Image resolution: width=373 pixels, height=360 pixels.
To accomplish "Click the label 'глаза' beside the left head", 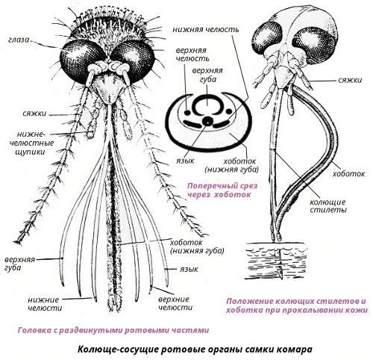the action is [x=19, y=40].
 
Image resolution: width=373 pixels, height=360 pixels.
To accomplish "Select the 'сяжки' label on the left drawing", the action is [x=34, y=114].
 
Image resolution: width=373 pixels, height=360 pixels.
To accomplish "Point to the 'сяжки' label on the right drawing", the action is [x=350, y=80].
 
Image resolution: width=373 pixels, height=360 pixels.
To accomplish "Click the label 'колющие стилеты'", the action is [x=328, y=205].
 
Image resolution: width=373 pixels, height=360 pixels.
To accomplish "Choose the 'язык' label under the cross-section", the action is [x=185, y=161].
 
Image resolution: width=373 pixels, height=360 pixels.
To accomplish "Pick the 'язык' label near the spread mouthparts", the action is [x=189, y=270].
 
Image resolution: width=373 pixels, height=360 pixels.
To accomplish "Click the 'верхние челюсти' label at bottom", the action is [x=175, y=303].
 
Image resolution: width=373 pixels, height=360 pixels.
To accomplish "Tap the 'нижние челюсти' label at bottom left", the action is [x=45, y=304].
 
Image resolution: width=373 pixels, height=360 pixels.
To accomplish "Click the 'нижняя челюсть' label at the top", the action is [x=206, y=30].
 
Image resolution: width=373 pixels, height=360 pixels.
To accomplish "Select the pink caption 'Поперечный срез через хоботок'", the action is [x=222, y=190].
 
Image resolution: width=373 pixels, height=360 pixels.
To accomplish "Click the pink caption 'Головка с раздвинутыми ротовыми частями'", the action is [x=113, y=330].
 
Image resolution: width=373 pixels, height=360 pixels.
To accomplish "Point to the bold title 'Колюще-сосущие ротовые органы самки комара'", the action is [x=195, y=349].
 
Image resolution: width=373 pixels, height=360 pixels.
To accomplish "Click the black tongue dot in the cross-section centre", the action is [x=207, y=121].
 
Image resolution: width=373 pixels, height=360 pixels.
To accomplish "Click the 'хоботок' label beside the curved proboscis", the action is [x=348, y=174].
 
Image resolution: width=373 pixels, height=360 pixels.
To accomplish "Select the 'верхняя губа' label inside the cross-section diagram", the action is [x=207, y=75].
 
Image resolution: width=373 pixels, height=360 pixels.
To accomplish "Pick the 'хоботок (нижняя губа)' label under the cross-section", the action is [x=232, y=165].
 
